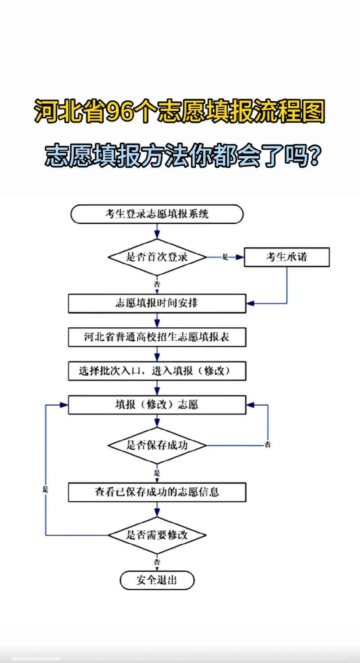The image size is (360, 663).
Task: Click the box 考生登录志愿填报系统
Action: [x=157, y=214]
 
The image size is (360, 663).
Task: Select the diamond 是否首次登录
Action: [x=157, y=257]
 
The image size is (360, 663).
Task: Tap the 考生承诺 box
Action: [x=287, y=257]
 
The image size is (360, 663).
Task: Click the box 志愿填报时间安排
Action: [x=157, y=303]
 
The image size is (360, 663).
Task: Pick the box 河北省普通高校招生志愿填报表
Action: [x=157, y=337]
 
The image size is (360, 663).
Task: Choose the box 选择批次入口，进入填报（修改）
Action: [x=157, y=371]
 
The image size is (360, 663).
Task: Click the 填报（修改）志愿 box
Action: [x=157, y=405]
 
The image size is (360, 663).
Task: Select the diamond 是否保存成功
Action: [x=157, y=446]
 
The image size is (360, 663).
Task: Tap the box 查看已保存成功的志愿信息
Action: [x=157, y=492]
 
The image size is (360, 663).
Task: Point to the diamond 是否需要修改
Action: [x=157, y=535]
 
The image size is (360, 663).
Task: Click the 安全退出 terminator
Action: [x=157, y=580]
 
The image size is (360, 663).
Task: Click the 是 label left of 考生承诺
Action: [x=225, y=257]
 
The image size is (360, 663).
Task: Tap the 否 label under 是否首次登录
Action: [x=157, y=284]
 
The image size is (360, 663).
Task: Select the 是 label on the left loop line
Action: [x=45, y=489]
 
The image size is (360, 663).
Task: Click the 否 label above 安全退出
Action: [x=157, y=562]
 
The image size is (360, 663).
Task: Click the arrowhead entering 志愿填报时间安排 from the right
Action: [x=250, y=303]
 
